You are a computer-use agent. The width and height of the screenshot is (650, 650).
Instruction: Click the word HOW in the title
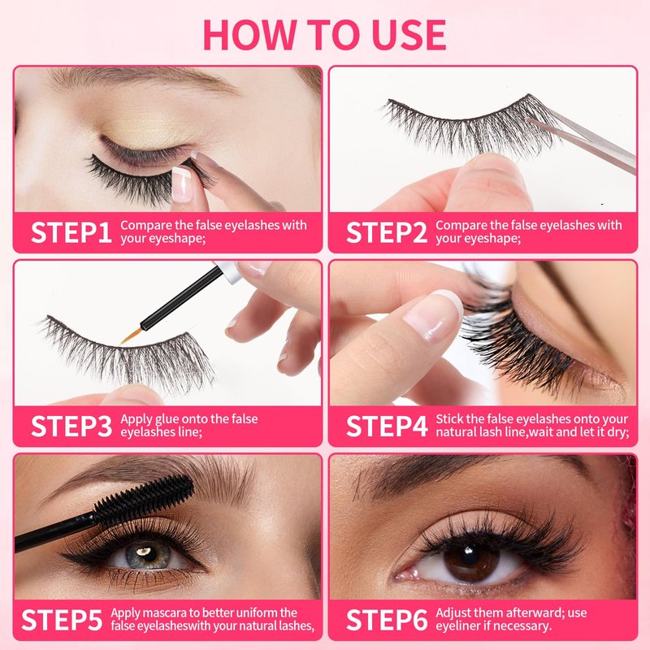[x=249, y=35]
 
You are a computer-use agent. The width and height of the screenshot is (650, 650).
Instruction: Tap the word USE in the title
[x=409, y=35]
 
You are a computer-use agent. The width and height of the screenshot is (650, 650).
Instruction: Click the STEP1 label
[x=71, y=232]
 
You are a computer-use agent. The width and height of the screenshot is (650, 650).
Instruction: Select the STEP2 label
[x=387, y=232]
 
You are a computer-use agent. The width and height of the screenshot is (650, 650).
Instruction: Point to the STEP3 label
[x=71, y=426]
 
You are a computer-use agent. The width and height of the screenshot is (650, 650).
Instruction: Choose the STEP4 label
[x=387, y=426]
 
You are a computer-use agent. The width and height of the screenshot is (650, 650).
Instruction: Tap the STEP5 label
[x=62, y=620]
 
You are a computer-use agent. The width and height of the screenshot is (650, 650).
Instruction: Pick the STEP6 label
[x=387, y=620]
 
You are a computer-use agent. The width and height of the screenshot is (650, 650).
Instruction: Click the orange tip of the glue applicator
[x=132, y=336]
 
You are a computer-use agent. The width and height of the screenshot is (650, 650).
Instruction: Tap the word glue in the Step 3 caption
[x=167, y=419]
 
